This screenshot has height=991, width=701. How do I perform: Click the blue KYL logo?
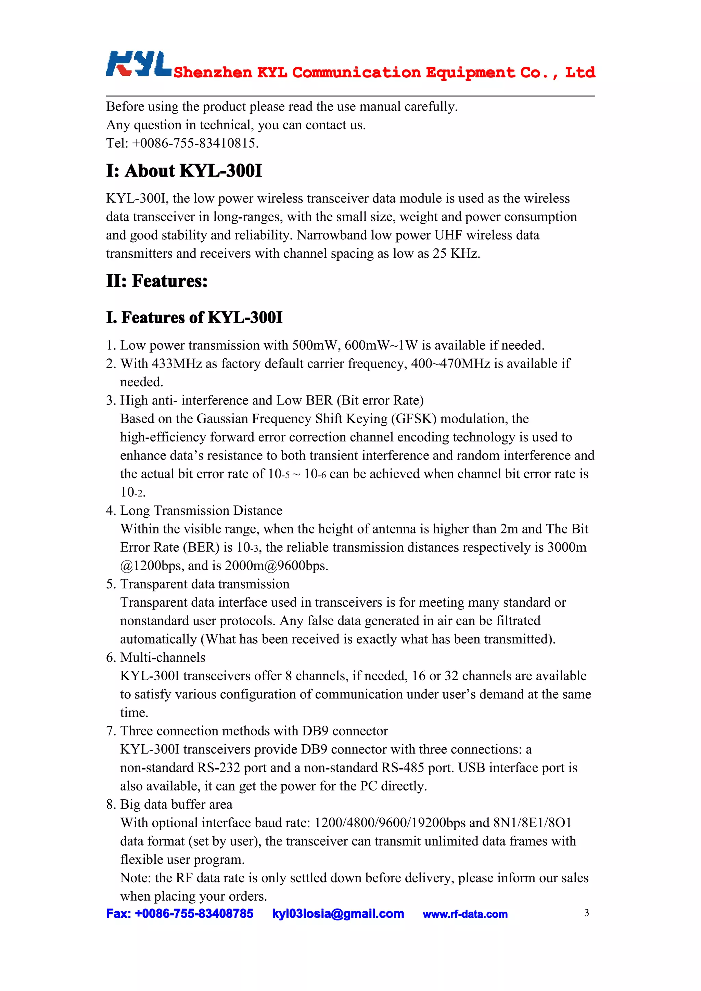(x=138, y=64)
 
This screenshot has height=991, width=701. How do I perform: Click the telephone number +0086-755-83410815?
(x=195, y=143)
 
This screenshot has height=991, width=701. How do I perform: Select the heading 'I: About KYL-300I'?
(x=184, y=171)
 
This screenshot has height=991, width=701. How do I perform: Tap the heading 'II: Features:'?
(x=157, y=281)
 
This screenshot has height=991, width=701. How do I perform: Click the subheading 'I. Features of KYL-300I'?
(x=194, y=318)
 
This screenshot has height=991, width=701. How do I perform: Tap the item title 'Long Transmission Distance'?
(x=201, y=511)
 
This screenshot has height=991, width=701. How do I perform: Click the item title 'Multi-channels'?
(x=163, y=657)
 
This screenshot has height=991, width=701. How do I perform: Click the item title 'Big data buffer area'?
(x=176, y=805)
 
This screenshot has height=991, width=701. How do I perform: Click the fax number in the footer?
(x=180, y=914)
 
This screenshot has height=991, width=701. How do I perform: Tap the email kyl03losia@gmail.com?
(x=338, y=914)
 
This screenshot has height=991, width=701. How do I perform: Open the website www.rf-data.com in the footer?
(x=465, y=914)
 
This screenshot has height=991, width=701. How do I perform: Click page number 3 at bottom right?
(x=586, y=913)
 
